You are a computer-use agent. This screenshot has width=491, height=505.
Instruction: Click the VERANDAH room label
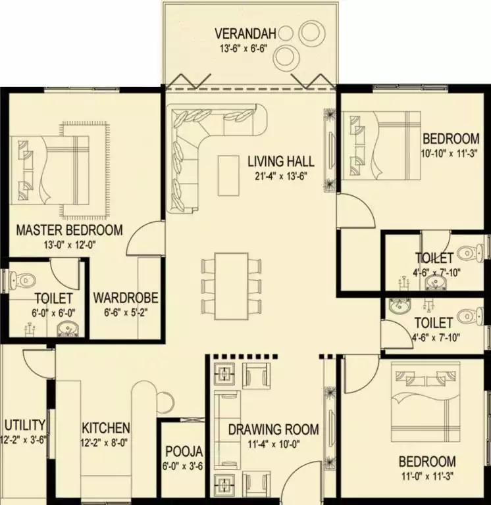(245, 34)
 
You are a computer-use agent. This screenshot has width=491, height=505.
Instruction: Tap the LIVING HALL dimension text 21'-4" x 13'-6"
(280, 176)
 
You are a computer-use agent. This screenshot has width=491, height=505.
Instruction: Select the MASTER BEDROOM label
(69, 230)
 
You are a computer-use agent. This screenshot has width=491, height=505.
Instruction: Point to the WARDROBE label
(126, 298)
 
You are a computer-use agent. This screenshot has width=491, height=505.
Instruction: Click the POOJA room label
(184, 452)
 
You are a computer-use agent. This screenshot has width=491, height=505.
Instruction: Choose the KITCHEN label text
(106, 428)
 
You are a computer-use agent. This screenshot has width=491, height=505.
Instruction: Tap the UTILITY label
(25, 425)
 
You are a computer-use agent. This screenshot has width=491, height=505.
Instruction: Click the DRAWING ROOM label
(273, 429)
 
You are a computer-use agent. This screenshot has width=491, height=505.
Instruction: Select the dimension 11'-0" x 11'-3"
(428, 476)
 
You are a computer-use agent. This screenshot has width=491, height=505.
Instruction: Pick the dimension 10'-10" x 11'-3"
(449, 153)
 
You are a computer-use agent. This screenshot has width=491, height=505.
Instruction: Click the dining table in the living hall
(232, 286)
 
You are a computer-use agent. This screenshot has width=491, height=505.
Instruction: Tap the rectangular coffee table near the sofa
(228, 176)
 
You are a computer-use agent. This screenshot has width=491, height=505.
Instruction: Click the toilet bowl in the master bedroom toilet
(22, 279)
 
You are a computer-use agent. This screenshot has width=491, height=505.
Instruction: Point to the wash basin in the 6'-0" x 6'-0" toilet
(68, 329)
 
